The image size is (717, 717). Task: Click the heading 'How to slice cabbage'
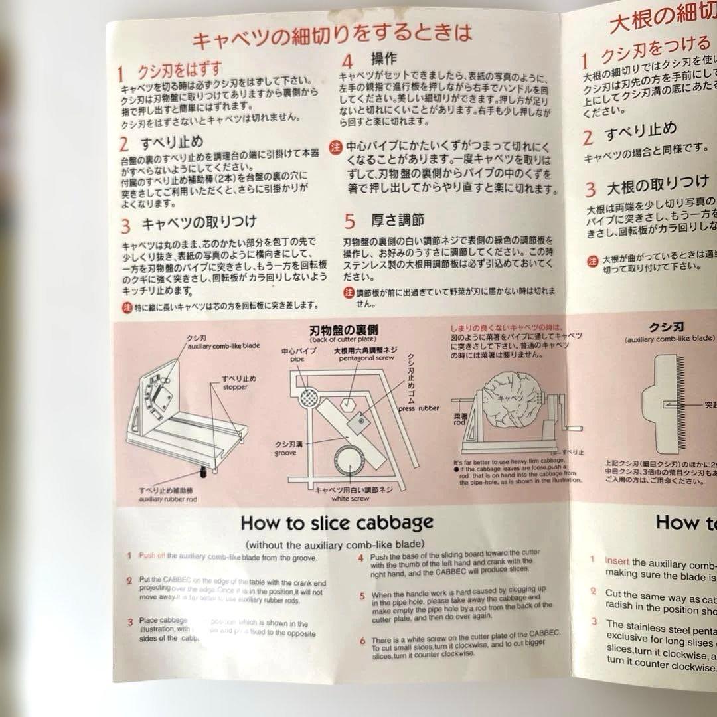pyautogui.click(x=337, y=522)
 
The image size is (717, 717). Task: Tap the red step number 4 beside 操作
pyautogui.click(x=347, y=62)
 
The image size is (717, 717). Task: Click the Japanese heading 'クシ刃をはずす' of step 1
pyautogui.click(x=179, y=70)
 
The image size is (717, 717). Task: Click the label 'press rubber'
pyautogui.click(x=418, y=409)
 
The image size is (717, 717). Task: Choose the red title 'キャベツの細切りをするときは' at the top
pyautogui.click(x=332, y=39)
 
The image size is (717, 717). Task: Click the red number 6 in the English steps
pyautogui.click(x=362, y=641)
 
